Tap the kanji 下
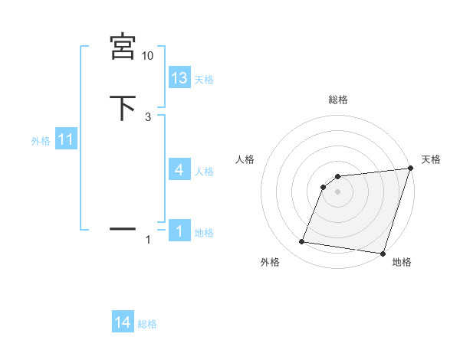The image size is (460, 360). (123, 107)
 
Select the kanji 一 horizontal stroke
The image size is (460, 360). (123, 227)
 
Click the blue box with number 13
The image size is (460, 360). (179, 77)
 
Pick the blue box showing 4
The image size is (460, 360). (179, 170)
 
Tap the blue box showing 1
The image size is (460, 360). (179, 231)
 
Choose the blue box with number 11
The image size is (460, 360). (67, 140)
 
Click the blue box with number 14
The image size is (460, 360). (123, 323)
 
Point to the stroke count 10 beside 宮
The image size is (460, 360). (148, 56)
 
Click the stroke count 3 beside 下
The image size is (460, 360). (148, 116)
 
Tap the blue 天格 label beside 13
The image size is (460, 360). (204, 79)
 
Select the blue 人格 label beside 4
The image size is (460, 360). (204, 172)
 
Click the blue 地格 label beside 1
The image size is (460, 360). (204, 233)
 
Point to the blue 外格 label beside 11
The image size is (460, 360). (41, 141)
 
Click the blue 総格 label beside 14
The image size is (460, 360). (147, 325)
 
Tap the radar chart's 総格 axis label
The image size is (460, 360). (338, 100)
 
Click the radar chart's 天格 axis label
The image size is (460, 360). (431, 159)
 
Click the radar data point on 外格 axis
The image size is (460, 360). (302, 242)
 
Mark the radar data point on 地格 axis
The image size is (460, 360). (383, 254)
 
